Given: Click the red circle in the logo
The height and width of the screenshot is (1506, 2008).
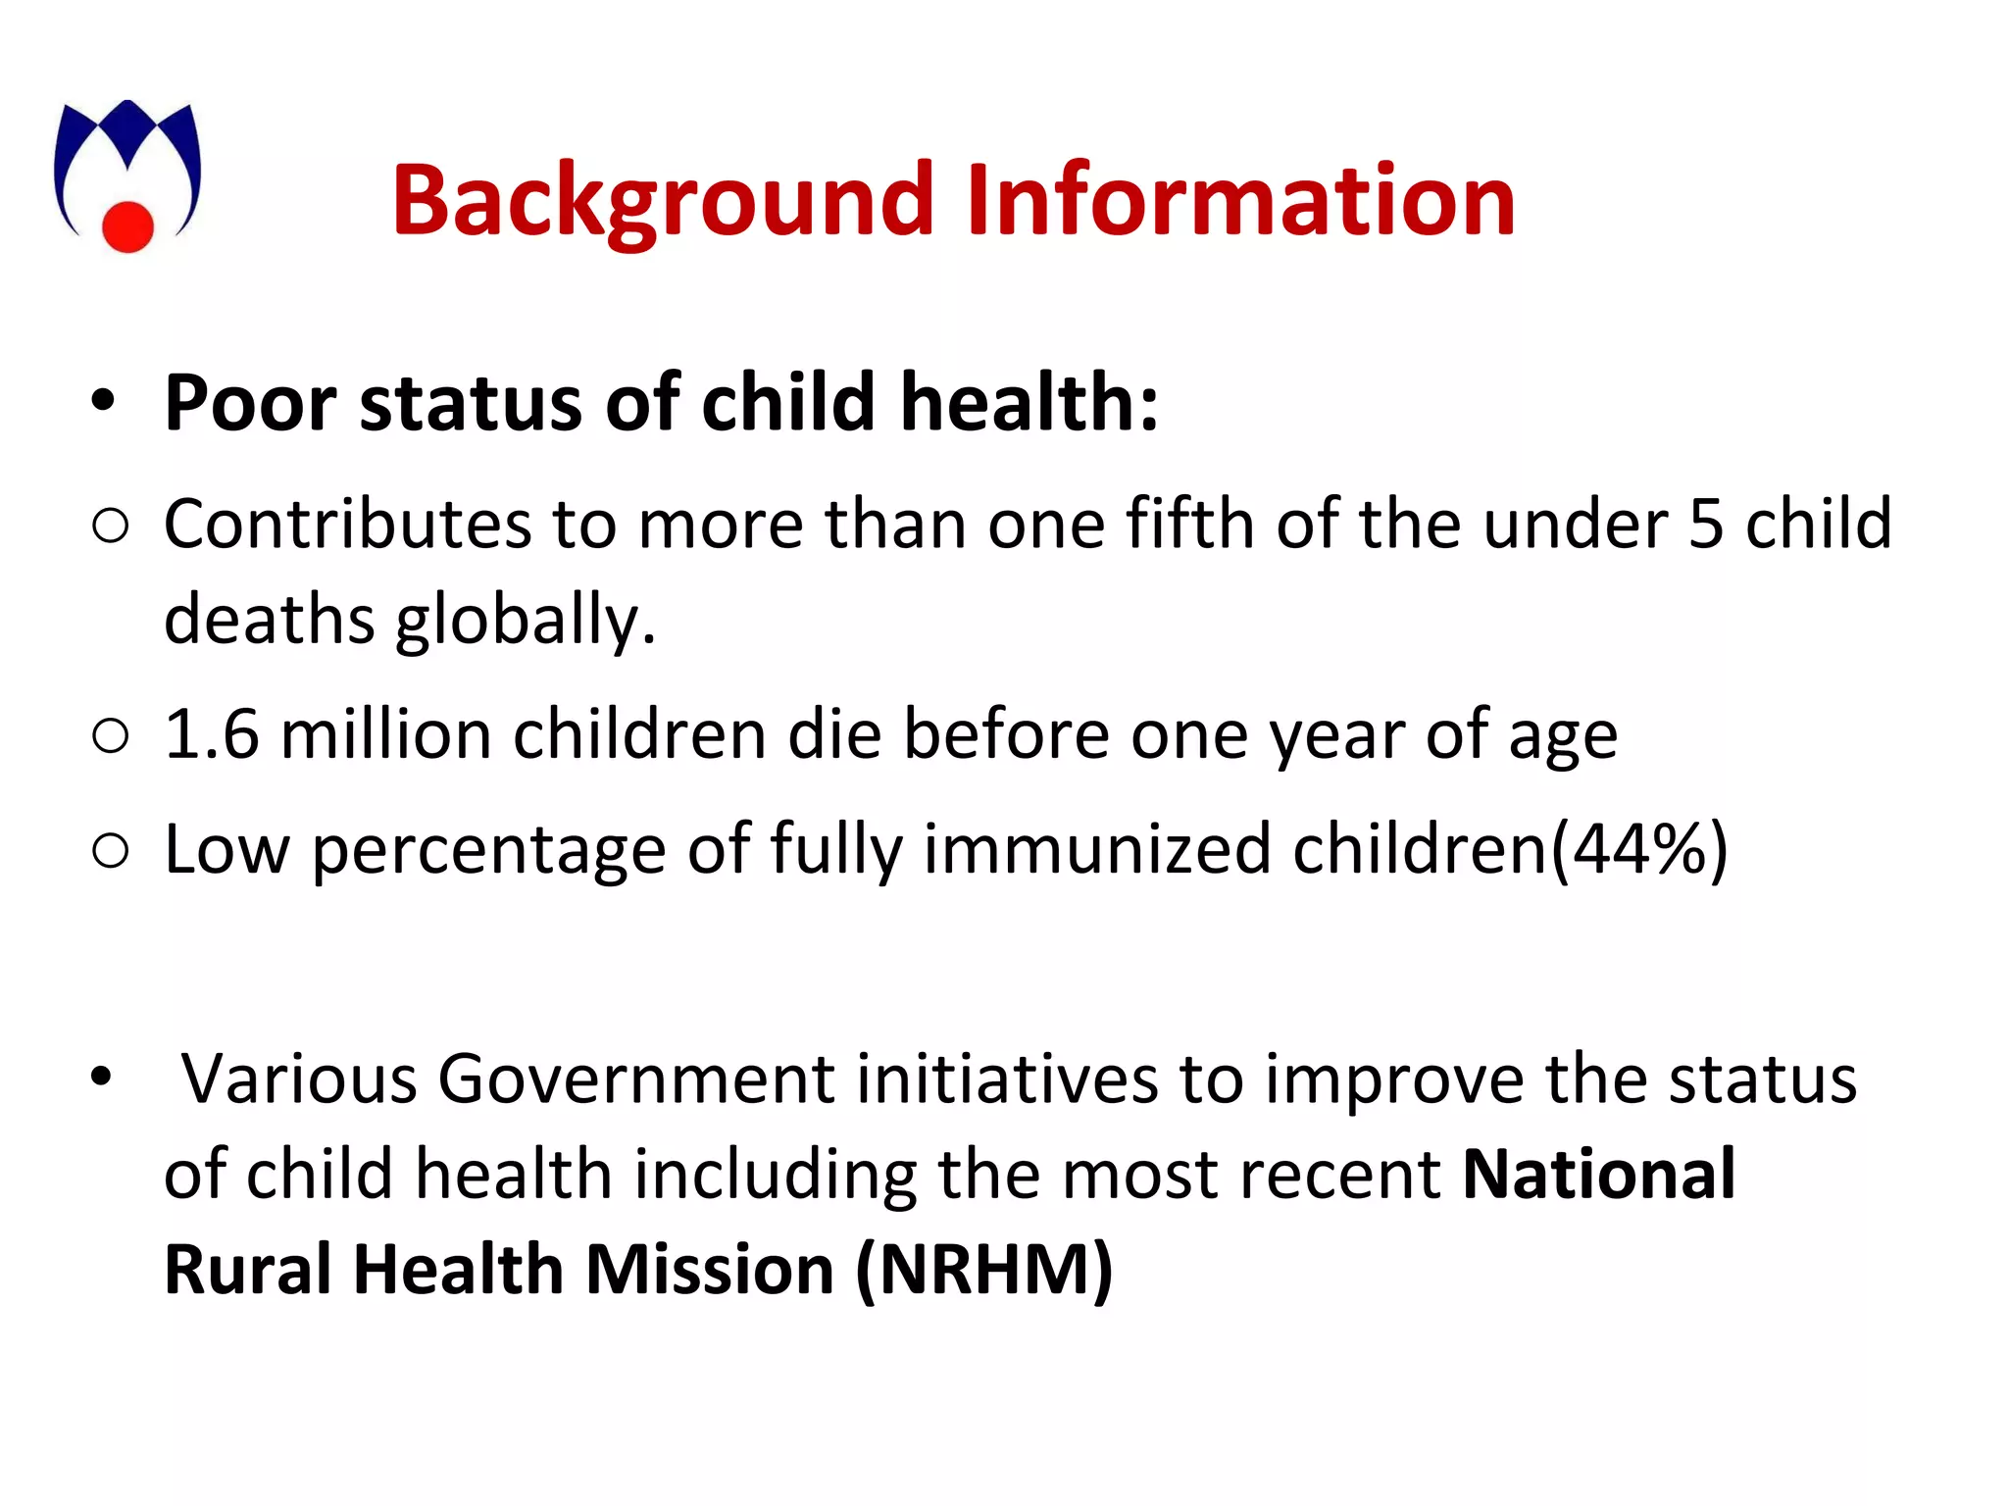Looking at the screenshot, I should [x=128, y=226].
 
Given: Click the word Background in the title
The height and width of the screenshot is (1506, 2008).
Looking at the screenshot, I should [x=663, y=201].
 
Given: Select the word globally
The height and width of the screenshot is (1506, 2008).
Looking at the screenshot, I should [x=526, y=622].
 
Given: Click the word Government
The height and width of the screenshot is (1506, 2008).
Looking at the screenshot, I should [x=636, y=1079].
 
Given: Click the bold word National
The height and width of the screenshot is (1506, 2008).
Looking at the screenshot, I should [x=1599, y=1174].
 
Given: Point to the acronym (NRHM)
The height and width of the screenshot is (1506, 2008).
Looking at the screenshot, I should [x=984, y=1270].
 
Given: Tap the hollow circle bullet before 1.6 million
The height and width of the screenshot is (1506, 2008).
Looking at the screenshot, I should [x=110, y=735].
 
